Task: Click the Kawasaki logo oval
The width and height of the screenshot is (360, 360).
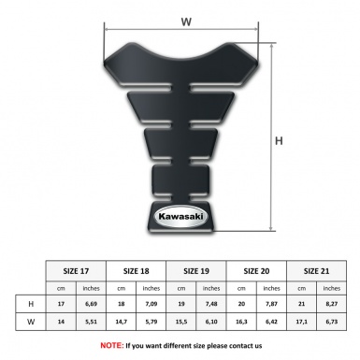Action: tap(178, 217)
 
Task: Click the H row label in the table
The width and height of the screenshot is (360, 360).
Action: tap(32, 304)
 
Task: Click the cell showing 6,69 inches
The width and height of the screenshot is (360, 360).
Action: tap(92, 304)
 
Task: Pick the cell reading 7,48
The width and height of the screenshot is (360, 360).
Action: tap(212, 304)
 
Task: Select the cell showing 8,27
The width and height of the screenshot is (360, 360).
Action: tap(333, 304)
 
